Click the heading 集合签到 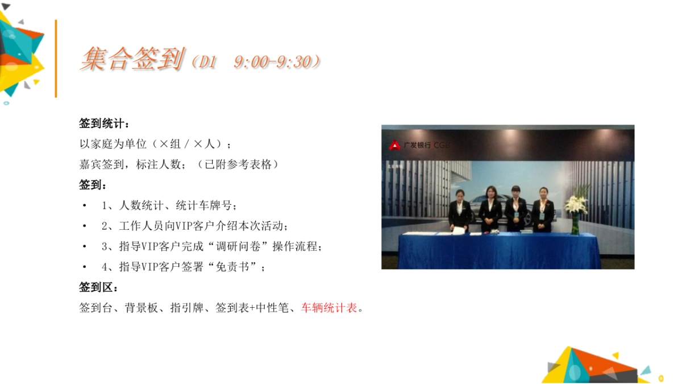point(132,59)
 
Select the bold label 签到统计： point(104,123)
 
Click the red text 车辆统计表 point(329,308)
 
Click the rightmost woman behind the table point(542,209)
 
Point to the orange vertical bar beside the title point(56,59)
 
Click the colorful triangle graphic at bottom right point(594,365)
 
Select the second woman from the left point(490,209)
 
